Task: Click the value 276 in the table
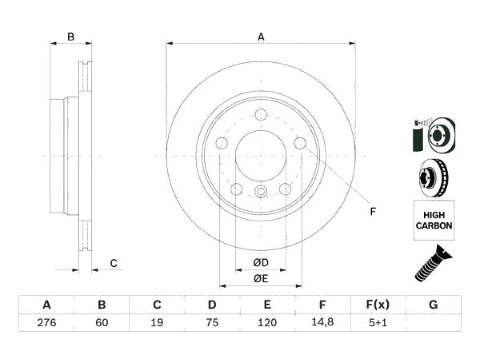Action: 46,322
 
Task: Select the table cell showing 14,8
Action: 322,322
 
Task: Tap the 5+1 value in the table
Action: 378,322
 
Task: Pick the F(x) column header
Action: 378,305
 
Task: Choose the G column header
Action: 433,305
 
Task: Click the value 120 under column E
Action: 267,322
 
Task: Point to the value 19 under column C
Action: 157,322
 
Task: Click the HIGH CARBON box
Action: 434,220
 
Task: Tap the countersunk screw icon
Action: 433,263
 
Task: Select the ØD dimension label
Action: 261,262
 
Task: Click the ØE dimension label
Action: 261,278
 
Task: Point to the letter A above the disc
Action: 261,37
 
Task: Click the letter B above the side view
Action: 71,37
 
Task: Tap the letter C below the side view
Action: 113,263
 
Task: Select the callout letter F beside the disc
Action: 373,211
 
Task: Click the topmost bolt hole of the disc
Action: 261,115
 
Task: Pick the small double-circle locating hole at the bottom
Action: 261,192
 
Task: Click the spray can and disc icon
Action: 434,135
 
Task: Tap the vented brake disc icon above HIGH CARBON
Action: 434,178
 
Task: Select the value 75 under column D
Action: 212,322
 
